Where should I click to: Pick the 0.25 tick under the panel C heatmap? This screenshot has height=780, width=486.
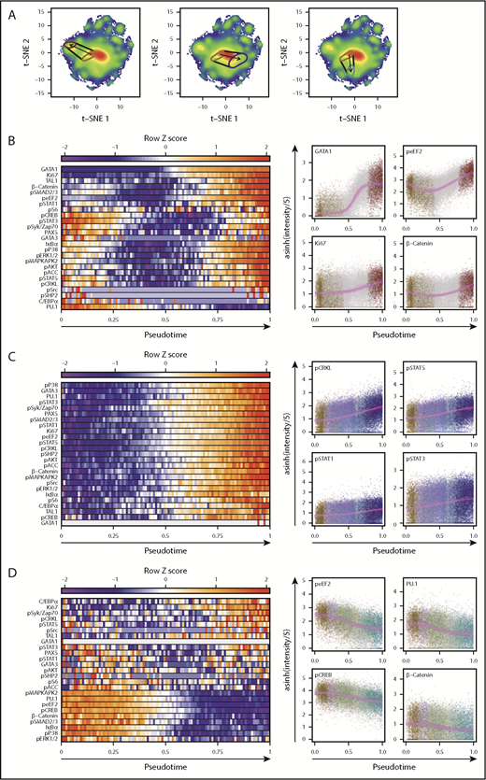click(x=113, y=539)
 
